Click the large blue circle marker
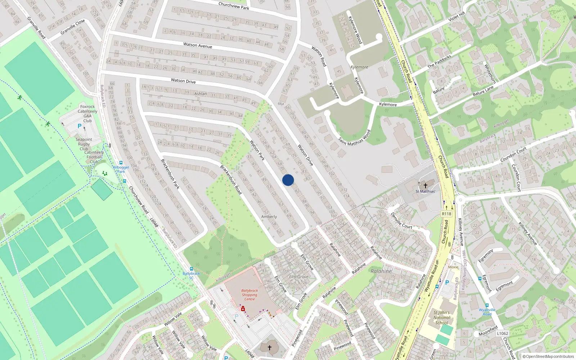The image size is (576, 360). pyautogui.click(x=288, y=180)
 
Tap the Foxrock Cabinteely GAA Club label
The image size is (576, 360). pyautogui.click(x=87, y=113)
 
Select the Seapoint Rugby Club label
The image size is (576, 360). pyautogui.click(x=84, y=144)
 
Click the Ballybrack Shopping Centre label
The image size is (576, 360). pyautogui.click(x=249, y=294)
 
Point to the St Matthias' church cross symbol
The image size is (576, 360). pyautogui.click(x=425, y=185)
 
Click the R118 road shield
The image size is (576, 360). pyautogui.click(x=446, y=213)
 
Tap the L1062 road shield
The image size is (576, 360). pyautogui.click(x=502, y=333)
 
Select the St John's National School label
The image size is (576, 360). pyautogui.click(x=442, y=318)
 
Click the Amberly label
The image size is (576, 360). pyautogui.click(x=269, y=217)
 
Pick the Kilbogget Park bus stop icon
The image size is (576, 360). pyautogui.click(x=121, y=163)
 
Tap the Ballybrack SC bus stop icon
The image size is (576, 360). pyautogui.click(x=191, y=269)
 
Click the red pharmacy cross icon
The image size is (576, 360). pyautogui.click(x=243, y=309)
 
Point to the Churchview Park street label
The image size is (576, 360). pyautogui.click(x=234, y=6)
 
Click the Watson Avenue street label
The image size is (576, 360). pyautogui.click(x=198, y=45)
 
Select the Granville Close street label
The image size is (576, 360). pyautogui.click(x=73, y=27)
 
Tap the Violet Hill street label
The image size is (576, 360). pyautogui.click(x=456, y=17)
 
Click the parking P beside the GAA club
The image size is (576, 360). pyautogui.click(x=80, y=126)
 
